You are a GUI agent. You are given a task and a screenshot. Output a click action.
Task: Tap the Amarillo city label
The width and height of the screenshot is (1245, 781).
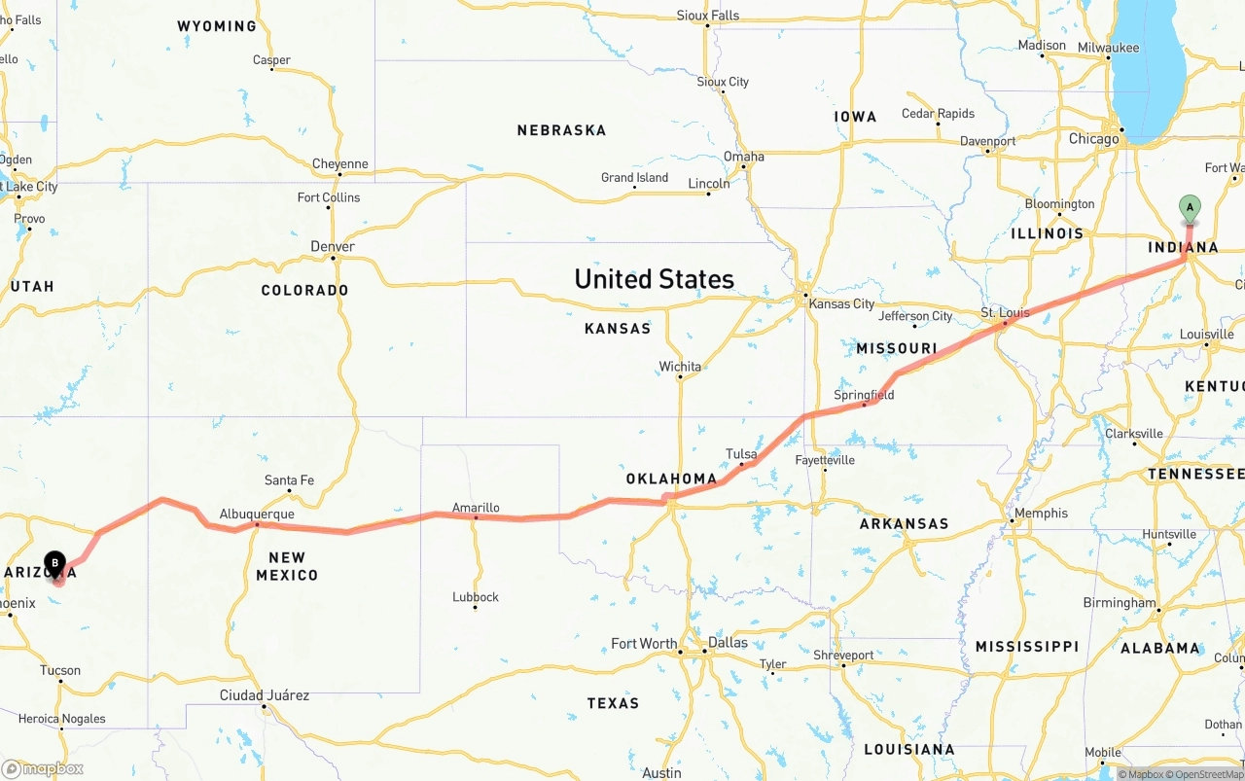476,508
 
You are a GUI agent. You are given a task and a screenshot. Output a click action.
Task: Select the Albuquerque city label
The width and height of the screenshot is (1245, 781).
257,514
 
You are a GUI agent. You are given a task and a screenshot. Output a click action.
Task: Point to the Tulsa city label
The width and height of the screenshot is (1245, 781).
741,454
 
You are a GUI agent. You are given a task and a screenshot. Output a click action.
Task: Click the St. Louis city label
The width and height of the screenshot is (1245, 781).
1005,313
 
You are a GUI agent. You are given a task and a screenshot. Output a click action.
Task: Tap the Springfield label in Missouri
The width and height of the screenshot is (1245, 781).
864,395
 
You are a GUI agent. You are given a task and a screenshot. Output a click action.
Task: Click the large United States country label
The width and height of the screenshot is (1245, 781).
654,279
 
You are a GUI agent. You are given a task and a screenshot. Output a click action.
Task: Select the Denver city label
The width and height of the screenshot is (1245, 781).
333,246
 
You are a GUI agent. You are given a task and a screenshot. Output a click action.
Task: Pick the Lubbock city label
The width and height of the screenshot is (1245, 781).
476,597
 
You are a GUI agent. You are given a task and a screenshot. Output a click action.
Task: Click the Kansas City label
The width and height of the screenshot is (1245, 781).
841,303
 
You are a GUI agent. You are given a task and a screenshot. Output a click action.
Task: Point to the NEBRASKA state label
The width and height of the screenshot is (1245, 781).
561,130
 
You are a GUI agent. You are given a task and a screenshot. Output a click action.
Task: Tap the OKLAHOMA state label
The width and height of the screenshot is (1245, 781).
671,479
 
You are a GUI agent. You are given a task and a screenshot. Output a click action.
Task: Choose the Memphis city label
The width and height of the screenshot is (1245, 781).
1041,514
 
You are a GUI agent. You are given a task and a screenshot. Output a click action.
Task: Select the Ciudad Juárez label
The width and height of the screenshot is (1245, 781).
265,695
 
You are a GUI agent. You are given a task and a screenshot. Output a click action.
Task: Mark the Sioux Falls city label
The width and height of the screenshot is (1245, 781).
707,16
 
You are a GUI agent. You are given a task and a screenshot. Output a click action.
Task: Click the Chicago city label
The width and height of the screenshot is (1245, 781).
1094,139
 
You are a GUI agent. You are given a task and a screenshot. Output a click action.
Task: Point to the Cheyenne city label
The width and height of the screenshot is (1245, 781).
340,163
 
